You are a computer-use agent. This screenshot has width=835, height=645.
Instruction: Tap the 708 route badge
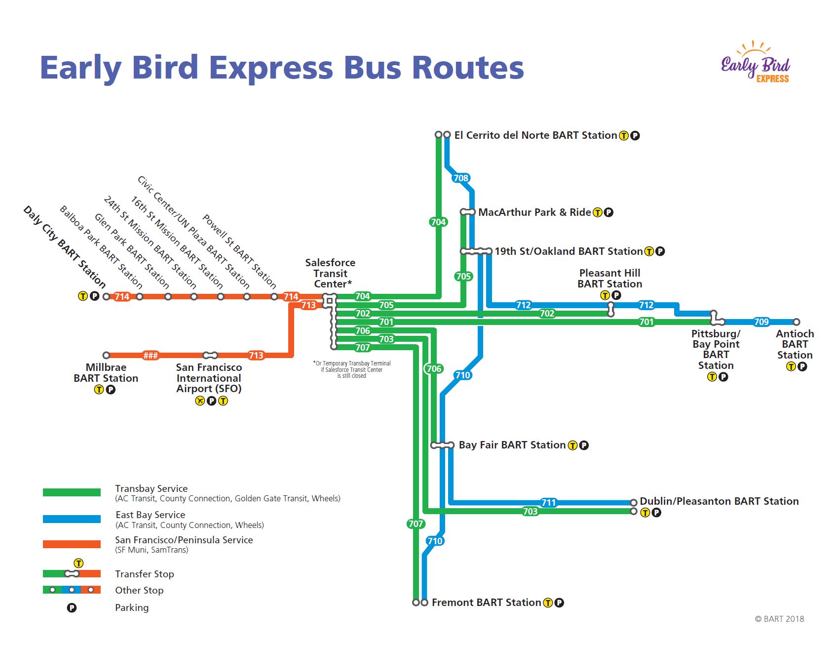460,178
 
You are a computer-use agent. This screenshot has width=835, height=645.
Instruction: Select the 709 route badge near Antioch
761,322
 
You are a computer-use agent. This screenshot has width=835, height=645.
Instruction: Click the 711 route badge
549,503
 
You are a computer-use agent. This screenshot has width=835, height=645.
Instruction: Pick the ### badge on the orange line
151,356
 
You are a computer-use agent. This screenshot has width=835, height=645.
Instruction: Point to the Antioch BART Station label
795,344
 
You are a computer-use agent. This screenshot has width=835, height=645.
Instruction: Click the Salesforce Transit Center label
330,273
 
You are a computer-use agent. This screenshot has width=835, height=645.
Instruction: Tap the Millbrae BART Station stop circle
106,356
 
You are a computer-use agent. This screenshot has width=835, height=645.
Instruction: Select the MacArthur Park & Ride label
534,212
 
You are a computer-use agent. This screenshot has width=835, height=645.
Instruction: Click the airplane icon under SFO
199,401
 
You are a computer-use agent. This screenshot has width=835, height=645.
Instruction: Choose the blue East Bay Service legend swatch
72,519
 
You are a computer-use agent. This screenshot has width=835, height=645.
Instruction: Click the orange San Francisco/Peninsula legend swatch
72,544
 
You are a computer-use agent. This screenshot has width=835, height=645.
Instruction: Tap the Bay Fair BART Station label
512,445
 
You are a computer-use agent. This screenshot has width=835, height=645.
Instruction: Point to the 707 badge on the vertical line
416,524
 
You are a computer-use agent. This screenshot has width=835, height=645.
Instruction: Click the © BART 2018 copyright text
779,619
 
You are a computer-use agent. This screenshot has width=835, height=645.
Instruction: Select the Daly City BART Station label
65,247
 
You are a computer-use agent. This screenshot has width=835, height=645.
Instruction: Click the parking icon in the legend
72,608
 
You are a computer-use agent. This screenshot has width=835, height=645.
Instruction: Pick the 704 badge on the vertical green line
438,222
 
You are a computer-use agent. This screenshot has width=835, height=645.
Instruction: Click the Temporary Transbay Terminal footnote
352,369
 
